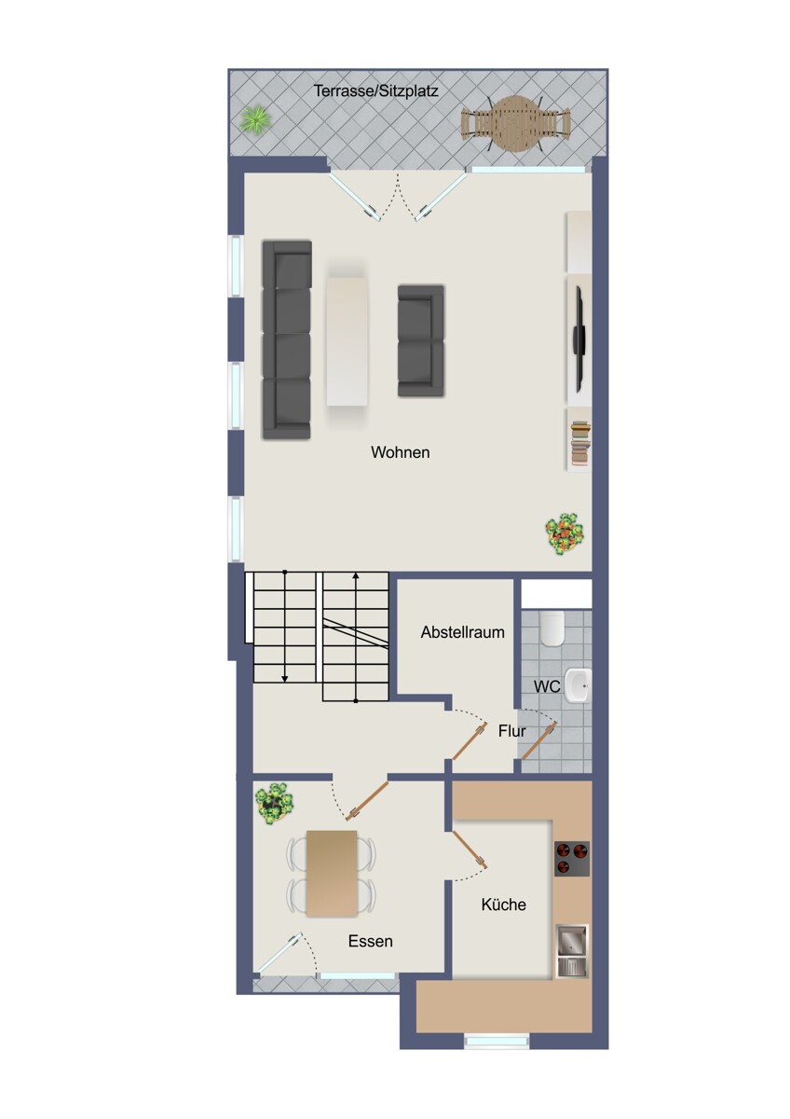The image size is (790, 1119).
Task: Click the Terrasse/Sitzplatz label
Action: (x=375, y=91)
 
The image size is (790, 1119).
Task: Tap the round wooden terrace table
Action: (x=515, y=123)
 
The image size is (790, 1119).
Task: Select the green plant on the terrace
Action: (x=256, y=120)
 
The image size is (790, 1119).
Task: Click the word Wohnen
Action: (x=400, y=452)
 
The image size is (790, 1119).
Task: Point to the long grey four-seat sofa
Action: (x=287, y=340)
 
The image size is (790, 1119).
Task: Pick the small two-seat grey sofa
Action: (x=421, y=340)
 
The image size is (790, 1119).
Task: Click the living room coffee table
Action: (x=347, y=341)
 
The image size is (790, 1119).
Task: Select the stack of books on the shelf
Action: (x=580, y=442)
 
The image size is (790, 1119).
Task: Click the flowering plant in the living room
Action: (x=565, y=533)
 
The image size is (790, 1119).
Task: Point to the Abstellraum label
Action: (x=462, y=632)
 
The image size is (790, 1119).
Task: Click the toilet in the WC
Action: (x=552, y=629)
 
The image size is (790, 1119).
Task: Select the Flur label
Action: (x=511, y=731)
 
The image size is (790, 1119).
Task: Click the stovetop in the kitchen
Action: (x=572, y=858)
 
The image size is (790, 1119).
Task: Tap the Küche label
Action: (x=504, y=905)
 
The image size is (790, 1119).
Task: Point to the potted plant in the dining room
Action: (x=274, y=804)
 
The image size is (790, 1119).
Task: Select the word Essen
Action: (x=370, y=942)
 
